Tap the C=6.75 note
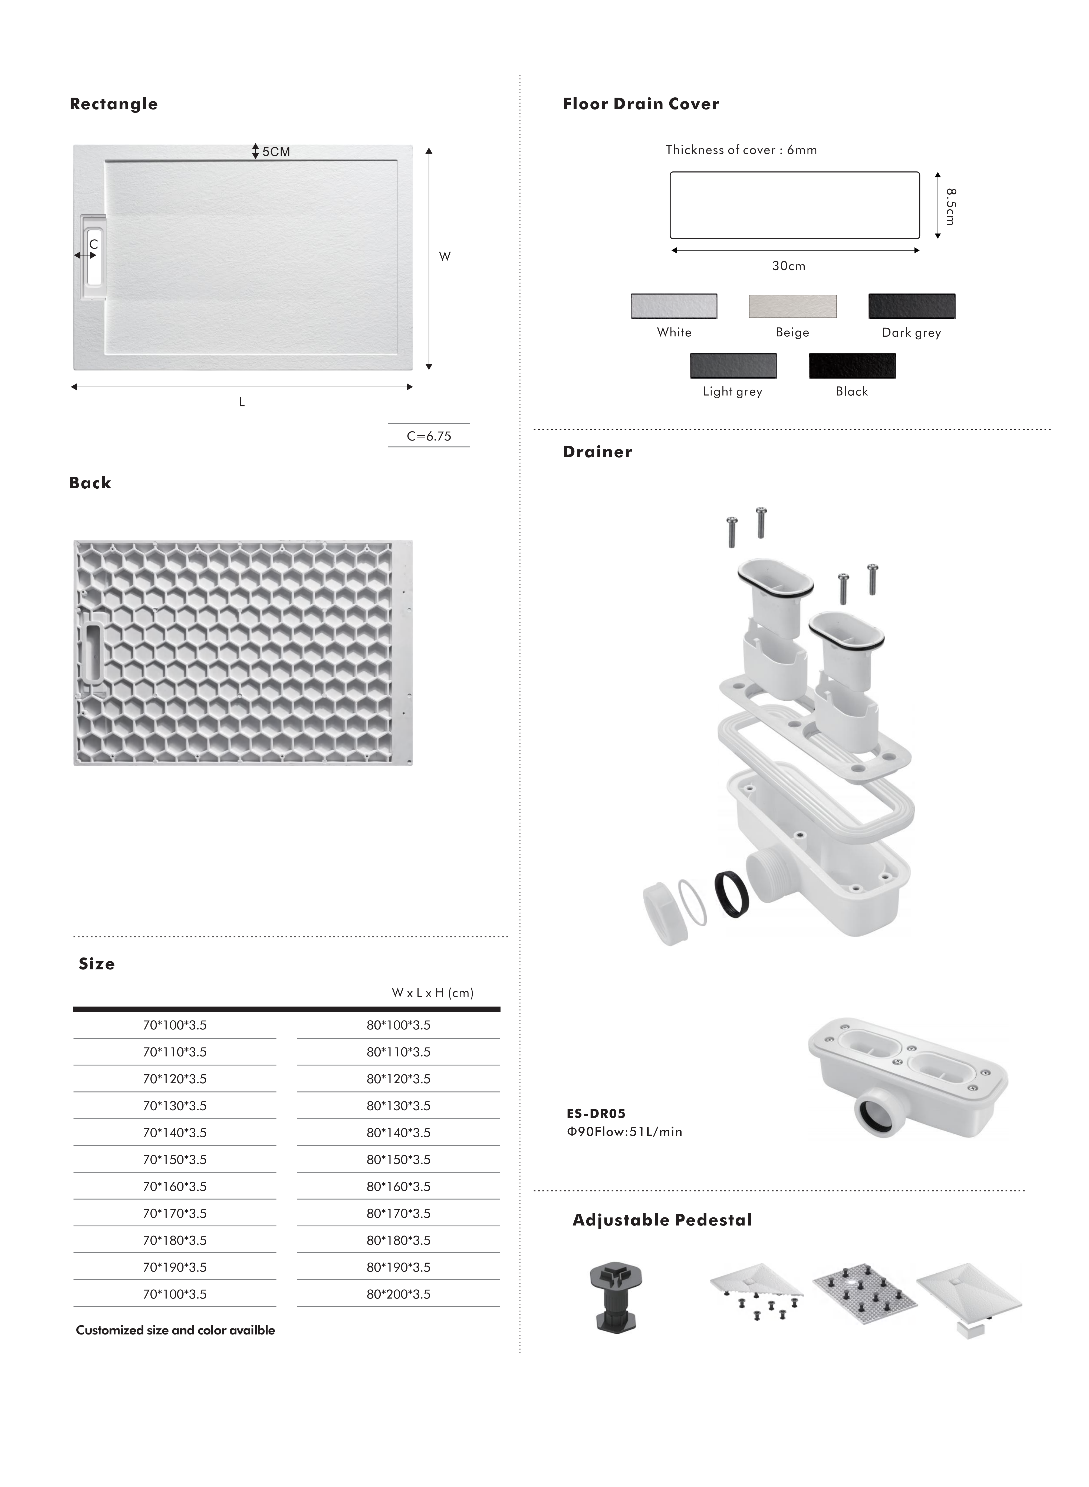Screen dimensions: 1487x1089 click(429, 436)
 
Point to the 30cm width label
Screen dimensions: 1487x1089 click(789, 266)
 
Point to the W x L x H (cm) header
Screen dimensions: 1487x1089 click(432, 993)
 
